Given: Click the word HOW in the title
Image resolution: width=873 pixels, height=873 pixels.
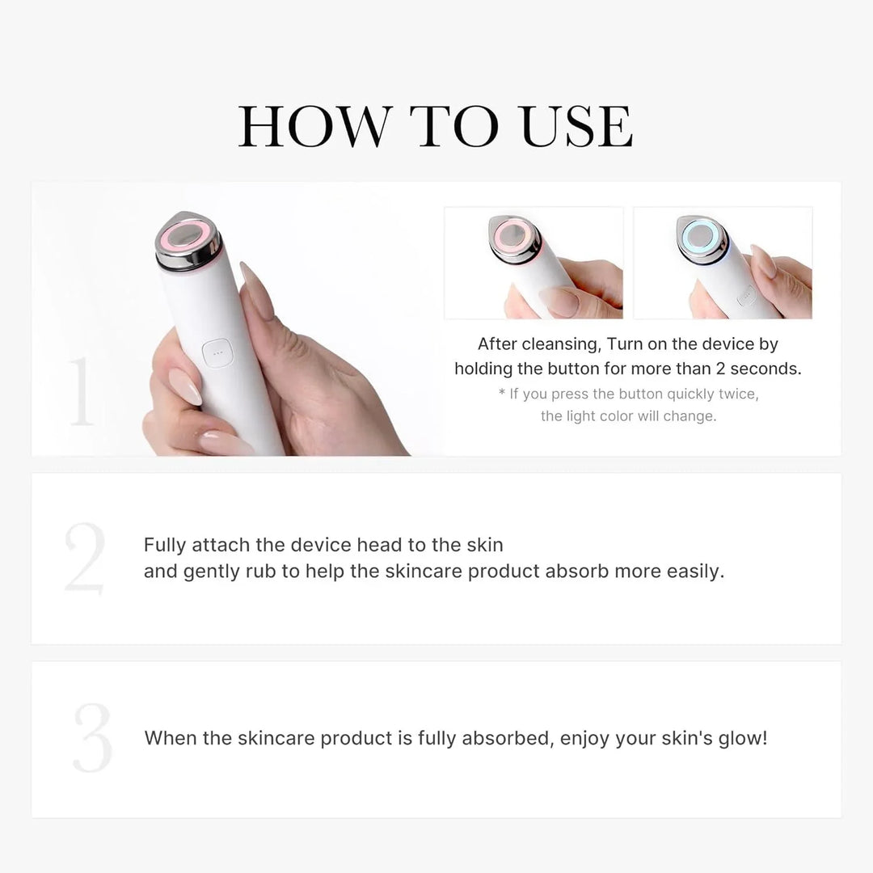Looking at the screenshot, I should point(312,126).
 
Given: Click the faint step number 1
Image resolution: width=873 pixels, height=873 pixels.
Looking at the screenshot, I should point(81,392).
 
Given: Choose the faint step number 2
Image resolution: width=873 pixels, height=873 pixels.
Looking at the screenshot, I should point(85,559).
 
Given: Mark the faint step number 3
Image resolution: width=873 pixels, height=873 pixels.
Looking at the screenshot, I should point(91,738).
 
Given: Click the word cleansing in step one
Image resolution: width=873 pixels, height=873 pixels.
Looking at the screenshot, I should point(559,344).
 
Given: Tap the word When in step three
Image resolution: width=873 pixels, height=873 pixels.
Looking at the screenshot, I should point(171,738).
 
